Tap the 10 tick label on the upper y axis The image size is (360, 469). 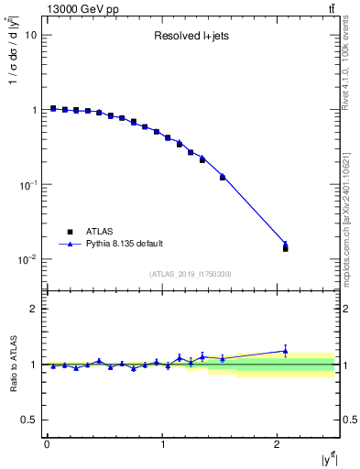click(30, 35)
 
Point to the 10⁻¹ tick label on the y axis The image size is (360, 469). click(28, 184)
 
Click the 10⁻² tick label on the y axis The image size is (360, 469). click(28, 259)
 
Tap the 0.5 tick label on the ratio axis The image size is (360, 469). click(28, 420)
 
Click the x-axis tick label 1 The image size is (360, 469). click(162, 444)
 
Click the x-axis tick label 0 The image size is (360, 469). click(47, 444)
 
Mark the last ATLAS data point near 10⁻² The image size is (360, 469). click(285, 248)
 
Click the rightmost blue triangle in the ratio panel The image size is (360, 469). click(285, 350)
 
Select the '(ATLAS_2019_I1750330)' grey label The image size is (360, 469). click(189, 274)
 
